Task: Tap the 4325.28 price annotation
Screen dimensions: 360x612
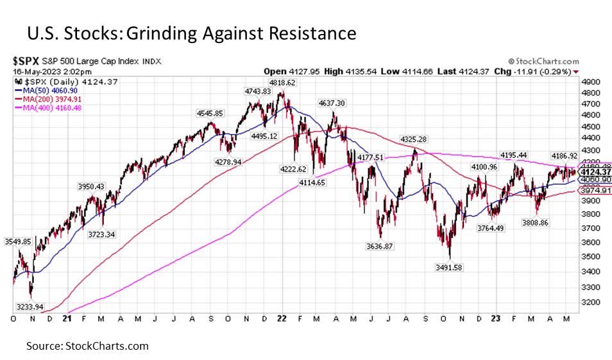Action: coord(414,139)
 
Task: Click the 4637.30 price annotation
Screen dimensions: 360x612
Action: coord(331,103)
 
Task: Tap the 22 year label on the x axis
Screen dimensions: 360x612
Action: coord(281,318)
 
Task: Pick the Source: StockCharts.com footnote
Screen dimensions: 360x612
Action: coord(87,346)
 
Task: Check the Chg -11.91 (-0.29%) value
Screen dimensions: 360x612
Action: coord(544,71)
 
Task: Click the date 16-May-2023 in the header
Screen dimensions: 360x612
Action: coord(36,71)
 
